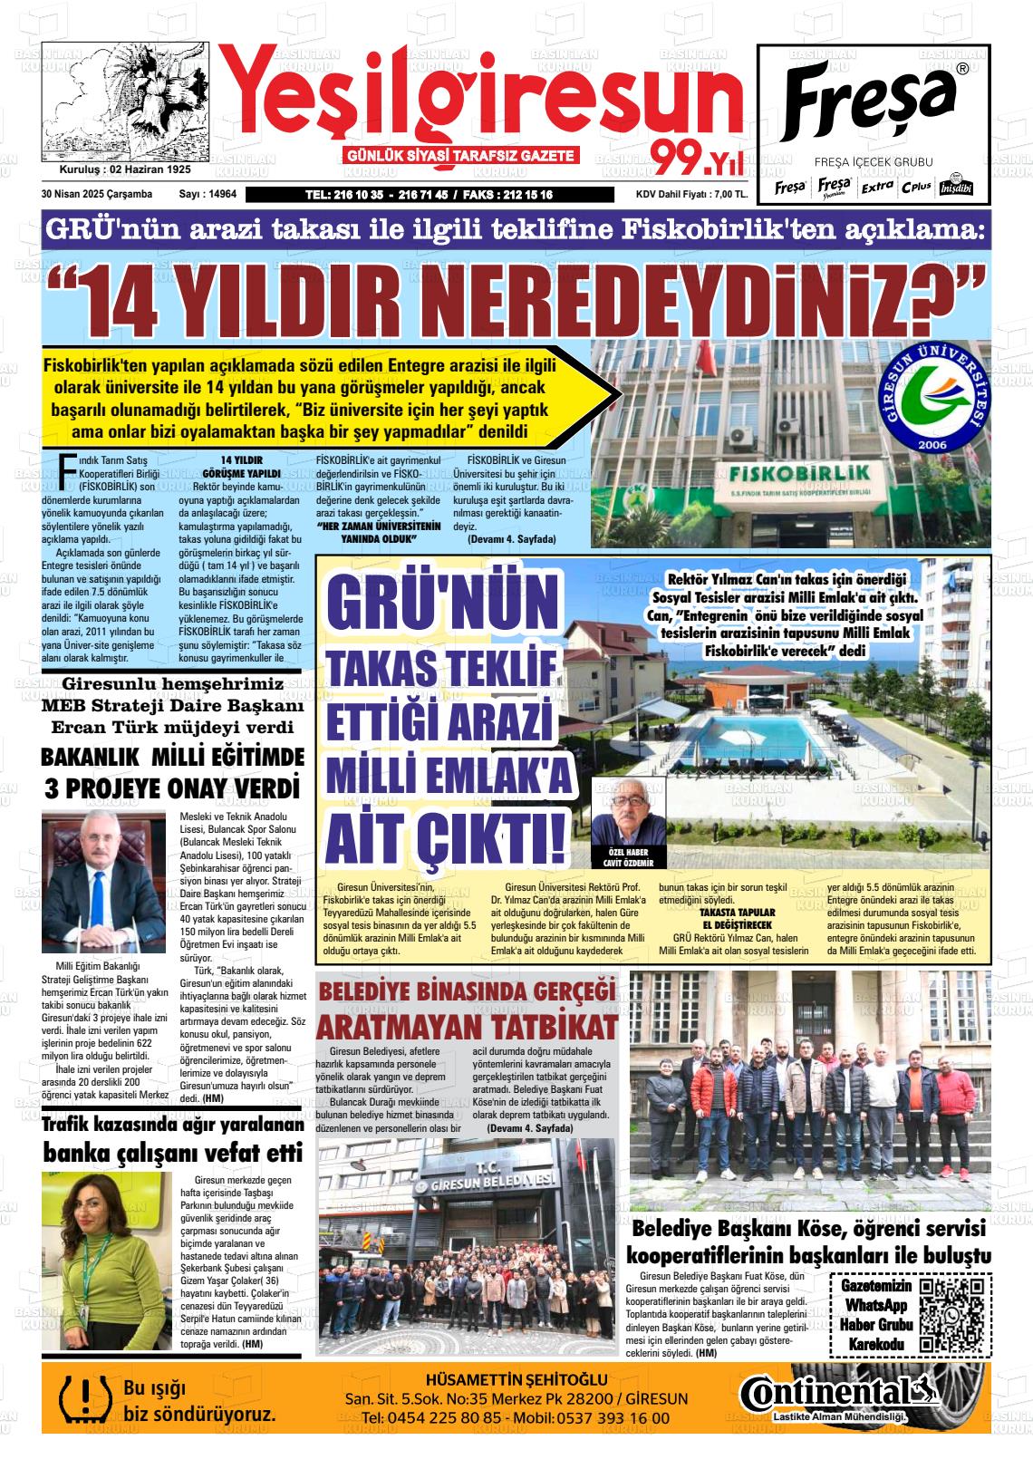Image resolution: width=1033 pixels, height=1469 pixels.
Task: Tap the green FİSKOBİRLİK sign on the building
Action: pos(797,474)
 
